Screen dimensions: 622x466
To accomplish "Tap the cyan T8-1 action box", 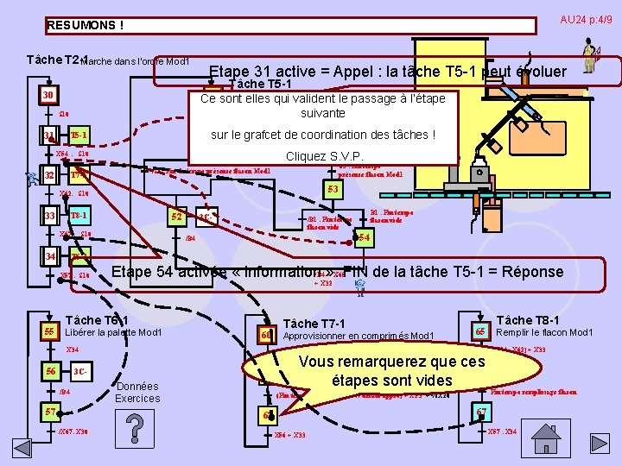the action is [79, 215].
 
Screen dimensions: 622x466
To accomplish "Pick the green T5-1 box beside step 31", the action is [78, 135].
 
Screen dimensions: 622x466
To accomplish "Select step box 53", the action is [332, 188].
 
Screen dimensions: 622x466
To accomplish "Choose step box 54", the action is [364, 237].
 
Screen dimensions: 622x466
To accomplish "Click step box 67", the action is [482, 412].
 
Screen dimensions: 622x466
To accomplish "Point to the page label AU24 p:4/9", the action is [586, 20].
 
